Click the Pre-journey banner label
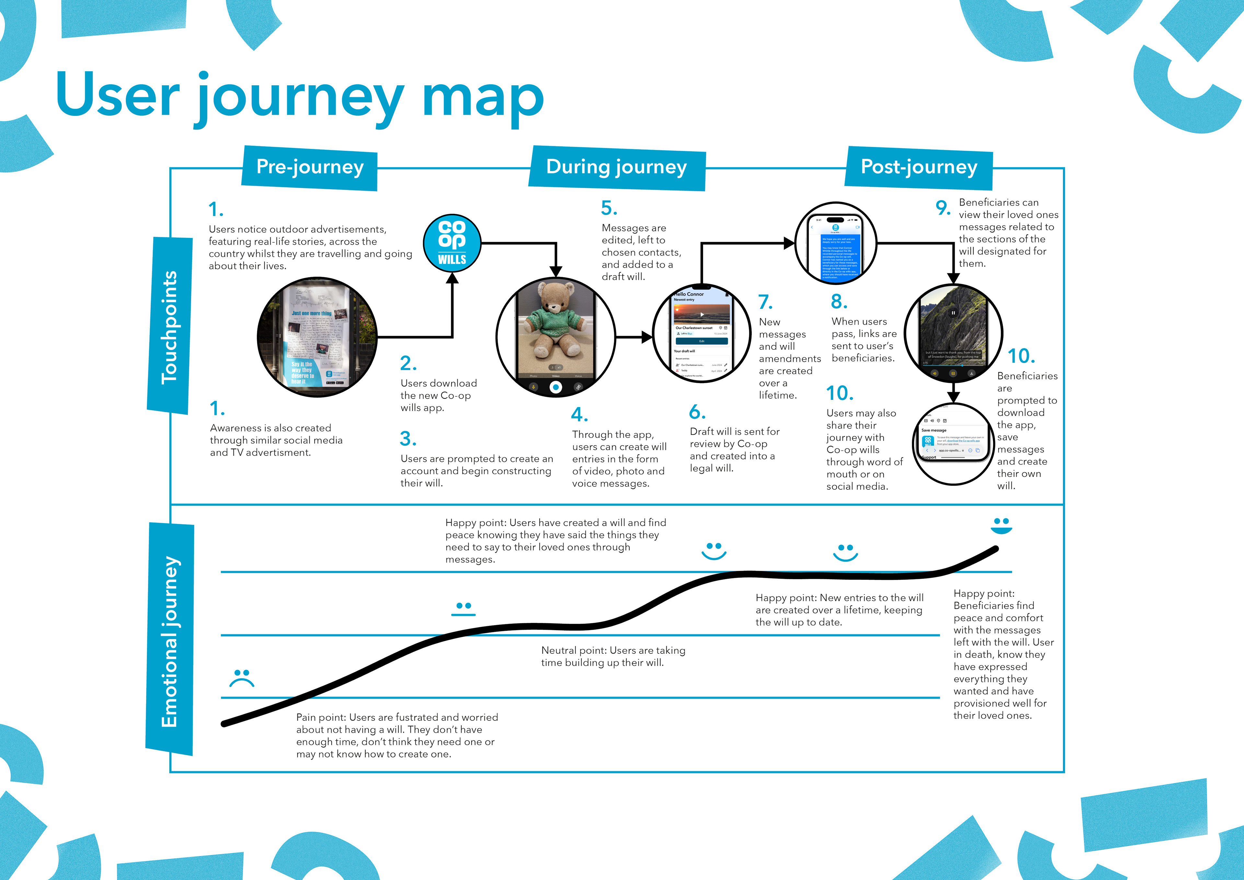(x=310, y=167)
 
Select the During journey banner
(x=616, y=167)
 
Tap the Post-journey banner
(x=919, y=167)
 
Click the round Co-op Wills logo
(x=452, y=243)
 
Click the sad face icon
(x=242, y=678)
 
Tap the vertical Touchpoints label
(x=169, y=327)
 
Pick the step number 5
(x=609, y=208)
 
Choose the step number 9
(x=943, y=208)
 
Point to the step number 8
(x=839, y=301)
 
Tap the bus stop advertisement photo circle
(x=317, y=337)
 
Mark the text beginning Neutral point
(x=613, y=656)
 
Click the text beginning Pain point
(x=397, y=735)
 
